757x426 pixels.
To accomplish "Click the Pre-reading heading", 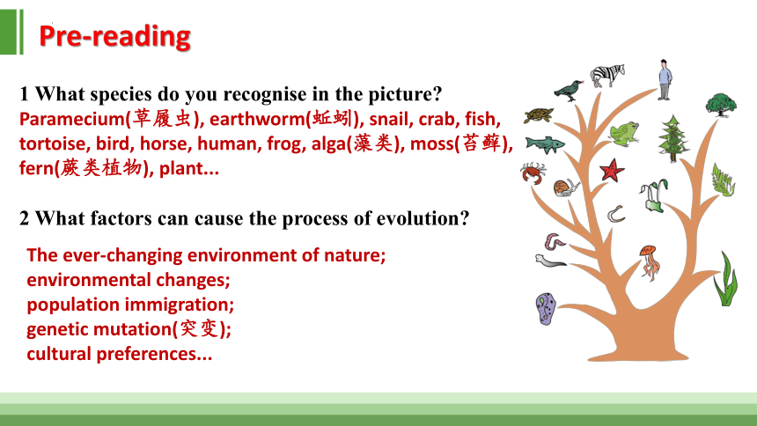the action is (115, 36).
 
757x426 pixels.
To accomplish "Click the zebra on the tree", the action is (607, 75).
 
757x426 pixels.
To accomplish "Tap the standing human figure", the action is (665, 80).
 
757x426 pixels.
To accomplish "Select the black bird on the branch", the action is (569, 91).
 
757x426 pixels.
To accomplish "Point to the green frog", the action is (624, 133).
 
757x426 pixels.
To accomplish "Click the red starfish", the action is (612, 170).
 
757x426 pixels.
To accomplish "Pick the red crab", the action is (533, 173).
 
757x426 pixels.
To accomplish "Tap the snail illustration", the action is (566, 187).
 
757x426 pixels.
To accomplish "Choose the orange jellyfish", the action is (649, 262).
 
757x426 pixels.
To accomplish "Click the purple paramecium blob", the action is (546, 309).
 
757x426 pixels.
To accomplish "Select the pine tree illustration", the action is (673, 138).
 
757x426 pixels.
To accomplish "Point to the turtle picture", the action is (539, 115).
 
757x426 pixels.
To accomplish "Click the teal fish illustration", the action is (545, 144).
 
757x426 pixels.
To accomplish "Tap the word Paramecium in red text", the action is (72, 119).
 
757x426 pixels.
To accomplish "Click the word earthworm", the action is (258, 119).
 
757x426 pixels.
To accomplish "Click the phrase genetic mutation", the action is (99, 329).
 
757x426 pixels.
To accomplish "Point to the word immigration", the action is (179, 305).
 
